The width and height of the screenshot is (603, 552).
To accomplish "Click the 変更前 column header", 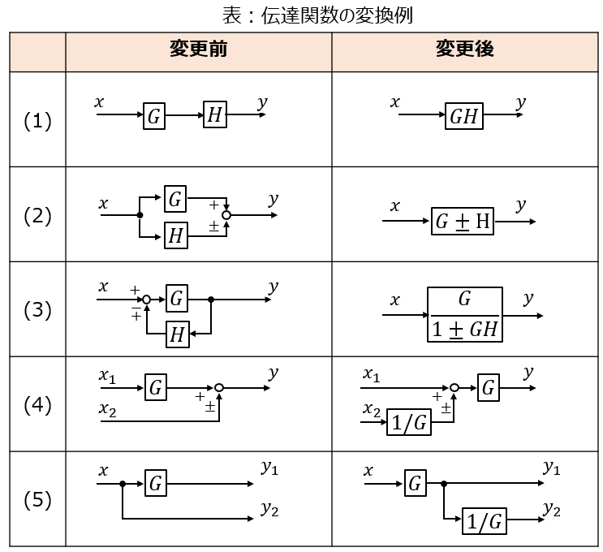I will [x=198, y=50].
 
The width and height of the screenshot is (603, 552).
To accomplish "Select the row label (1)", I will [x=37, y=121].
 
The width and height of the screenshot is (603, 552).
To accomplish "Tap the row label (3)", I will [x=37, y=310].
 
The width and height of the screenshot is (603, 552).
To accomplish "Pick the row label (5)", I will [x=37, y=499].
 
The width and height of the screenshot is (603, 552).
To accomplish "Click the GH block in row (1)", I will [x=463, y=116].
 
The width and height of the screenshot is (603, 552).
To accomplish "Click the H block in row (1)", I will [x=214, y=115].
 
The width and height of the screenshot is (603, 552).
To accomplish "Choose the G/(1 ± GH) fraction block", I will [x=465, y=314].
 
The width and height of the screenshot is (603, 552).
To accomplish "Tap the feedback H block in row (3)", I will [x=176, y=334].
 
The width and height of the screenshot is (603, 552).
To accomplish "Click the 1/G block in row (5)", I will [x=484, y=521].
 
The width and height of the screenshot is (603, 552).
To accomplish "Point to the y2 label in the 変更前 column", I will [x=270, y=510].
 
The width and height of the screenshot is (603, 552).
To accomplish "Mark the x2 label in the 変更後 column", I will [x=372, y=410].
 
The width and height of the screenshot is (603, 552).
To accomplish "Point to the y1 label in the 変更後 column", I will [x=552, y=467].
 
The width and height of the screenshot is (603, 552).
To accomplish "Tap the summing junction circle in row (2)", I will [x=226, y=215].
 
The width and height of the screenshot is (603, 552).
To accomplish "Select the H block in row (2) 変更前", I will [x=175, y=235].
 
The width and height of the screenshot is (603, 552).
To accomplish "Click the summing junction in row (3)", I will [x=147, y=300].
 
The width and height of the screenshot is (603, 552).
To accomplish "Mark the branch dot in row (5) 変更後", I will [x=444, y=484].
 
